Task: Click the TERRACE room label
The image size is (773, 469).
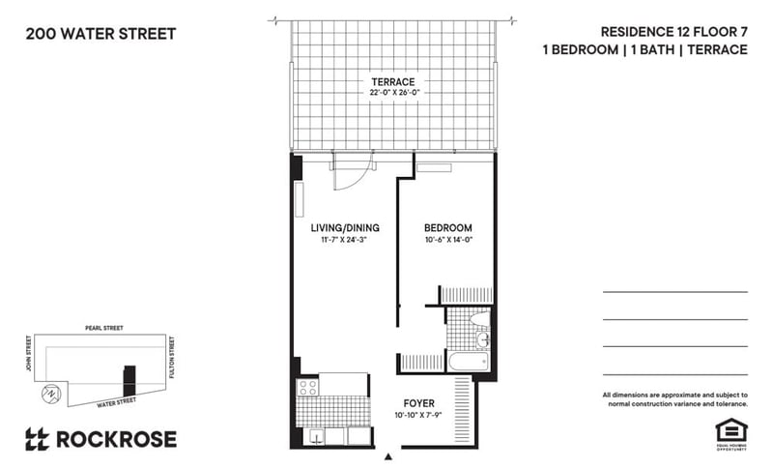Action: tap(392, 81)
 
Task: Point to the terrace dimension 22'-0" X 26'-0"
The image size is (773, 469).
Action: tap(392, 93)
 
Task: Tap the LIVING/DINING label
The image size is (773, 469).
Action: tap(344, 228)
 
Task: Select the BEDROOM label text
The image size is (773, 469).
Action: tap(448, 228)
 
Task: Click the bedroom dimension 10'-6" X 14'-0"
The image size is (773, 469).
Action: tap(448, 240)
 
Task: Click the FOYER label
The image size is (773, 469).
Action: tap(419, 402)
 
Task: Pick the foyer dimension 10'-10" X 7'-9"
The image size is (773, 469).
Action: tap(419, 415)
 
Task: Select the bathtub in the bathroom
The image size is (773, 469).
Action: tap(471, 364)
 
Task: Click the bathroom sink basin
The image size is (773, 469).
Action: tap(483, 340)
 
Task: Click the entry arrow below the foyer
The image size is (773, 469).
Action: tap(388, 455)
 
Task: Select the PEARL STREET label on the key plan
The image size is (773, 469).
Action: tap(100, 328)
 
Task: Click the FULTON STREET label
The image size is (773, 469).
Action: tap(172, 355)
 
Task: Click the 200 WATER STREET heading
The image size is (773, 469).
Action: tap(100, 34)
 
